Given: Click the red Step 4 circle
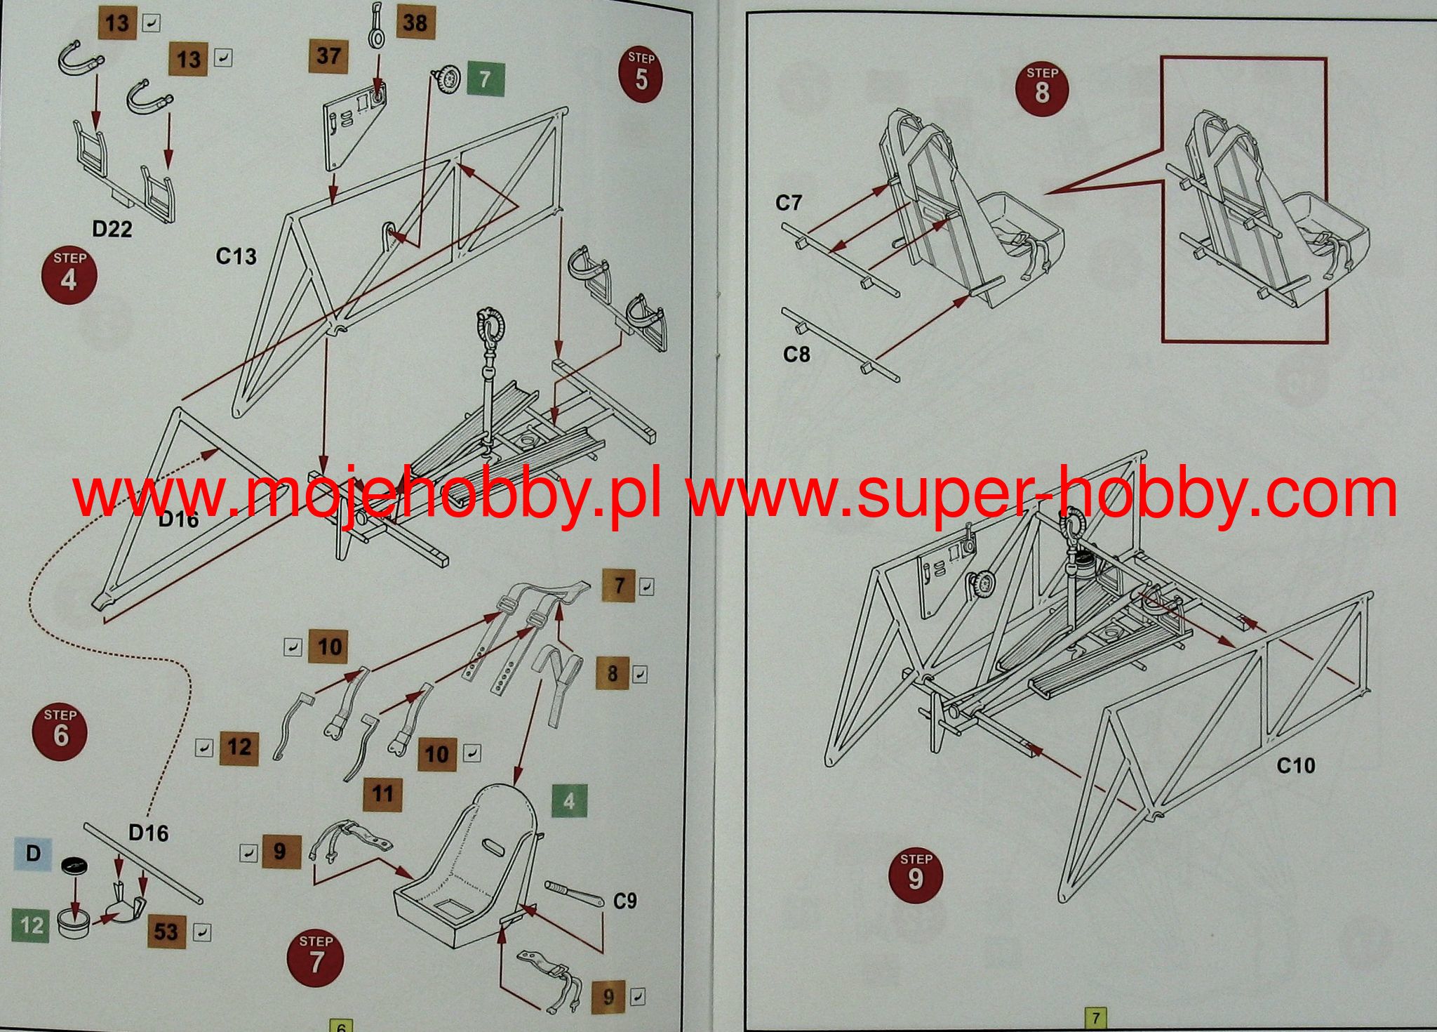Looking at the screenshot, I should pos(69,274).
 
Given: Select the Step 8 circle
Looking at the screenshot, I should pos(1042,88).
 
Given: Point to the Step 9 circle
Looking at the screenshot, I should pos(916,874).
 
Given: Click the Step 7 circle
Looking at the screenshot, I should pos(316,958).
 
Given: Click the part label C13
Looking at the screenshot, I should pos(236,256).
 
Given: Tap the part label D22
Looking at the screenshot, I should pos(112,229).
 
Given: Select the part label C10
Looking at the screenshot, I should pos(1295,765).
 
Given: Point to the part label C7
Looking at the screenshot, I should pos(788,203).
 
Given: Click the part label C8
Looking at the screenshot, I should pos(796,354).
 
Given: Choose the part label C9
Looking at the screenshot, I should pos(624,901).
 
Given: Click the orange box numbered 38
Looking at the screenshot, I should pos(415,22).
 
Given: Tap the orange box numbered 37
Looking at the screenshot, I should pos(328,55).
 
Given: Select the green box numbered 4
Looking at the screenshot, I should pos(569,800).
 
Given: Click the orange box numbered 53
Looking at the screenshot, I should pos(166,932).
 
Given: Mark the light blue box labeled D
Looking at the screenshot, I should pos(33,854).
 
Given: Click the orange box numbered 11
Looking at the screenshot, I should pos(382,794).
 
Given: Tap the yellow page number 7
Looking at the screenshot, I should pos(1095,1017).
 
